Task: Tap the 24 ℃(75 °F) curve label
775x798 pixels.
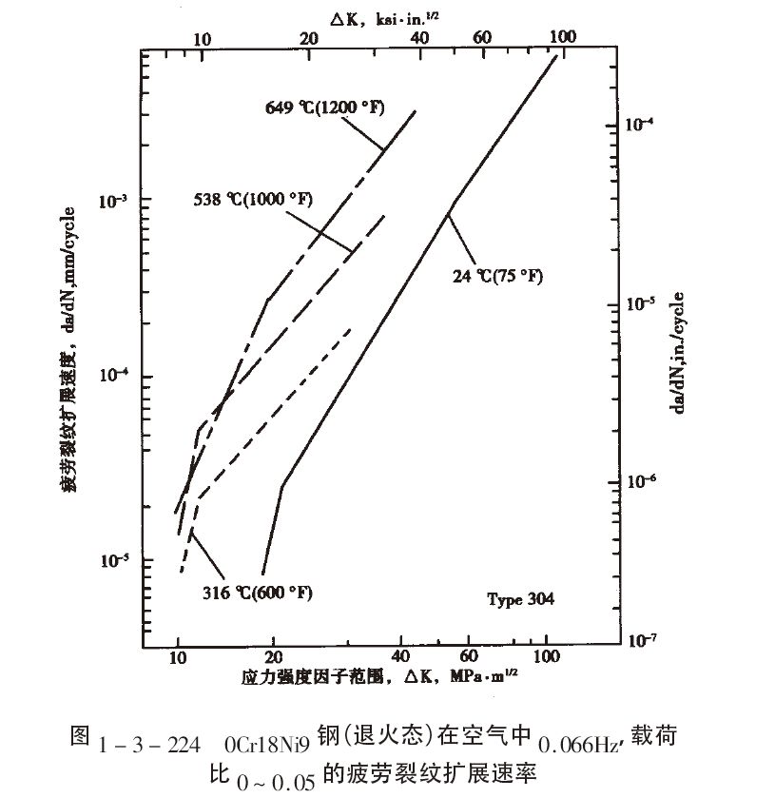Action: point(497,277)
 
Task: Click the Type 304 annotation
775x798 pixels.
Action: point(520,599)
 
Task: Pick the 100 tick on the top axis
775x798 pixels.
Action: point(562,36)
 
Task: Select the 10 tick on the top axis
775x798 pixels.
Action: point(202,38)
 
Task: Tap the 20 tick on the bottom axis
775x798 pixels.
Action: point(274,656)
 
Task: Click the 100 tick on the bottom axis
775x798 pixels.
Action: point(546,656)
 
